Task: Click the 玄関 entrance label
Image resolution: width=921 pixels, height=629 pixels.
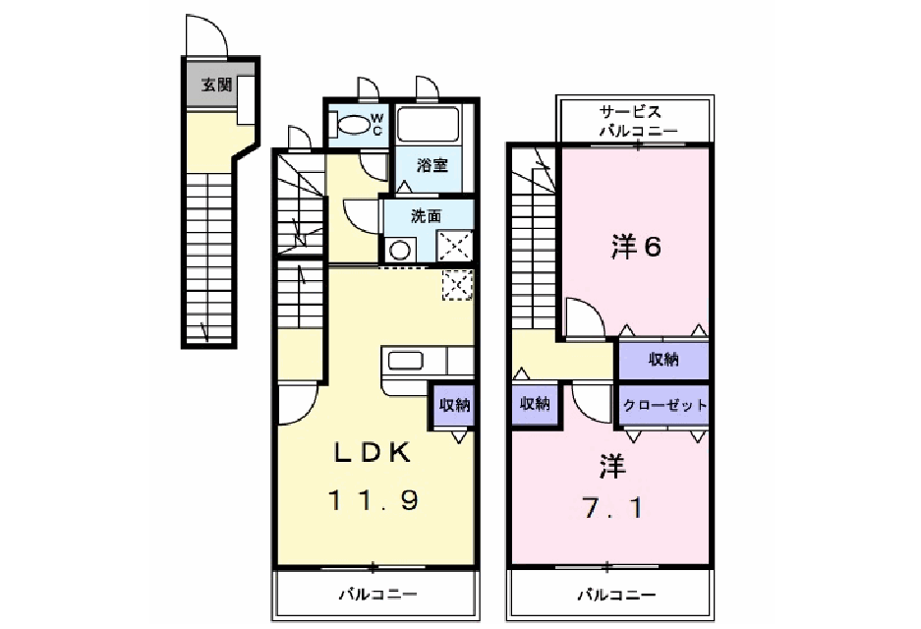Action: (x=216, y=86)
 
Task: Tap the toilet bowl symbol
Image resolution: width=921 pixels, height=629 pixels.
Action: (x=352, y=124)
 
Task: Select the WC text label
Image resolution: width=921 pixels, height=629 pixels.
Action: (x=376, y=124)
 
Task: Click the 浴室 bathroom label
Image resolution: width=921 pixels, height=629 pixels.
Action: (x=432, y=164)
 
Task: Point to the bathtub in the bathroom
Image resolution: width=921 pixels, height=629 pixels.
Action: (x=432, y=125)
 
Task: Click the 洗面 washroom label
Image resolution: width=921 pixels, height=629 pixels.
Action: (x=426, y=215)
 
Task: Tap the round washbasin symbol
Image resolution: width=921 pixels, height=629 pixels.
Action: (x=399, y=250)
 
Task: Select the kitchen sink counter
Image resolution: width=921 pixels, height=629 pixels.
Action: (x=406, y=361)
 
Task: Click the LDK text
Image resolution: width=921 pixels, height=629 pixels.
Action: (x=372, y=453)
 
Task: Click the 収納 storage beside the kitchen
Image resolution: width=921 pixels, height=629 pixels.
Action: (x=453, y=405)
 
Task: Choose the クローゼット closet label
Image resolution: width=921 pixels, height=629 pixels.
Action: (x=664, y=404)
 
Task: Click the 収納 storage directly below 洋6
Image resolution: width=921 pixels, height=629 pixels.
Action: (x=663, y=360)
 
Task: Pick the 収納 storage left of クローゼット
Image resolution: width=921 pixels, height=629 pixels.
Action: (x=535, y=403)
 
